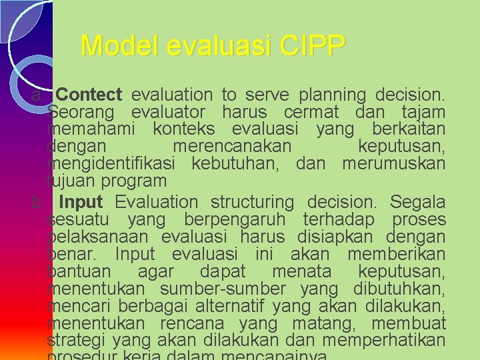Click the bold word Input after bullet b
(x=81, y=202)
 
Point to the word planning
(x=333, y=95)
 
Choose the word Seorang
(x=82, y=113)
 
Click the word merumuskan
(x=393, y=164)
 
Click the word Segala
(x=417, y=202)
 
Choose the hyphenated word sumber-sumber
(x=223, y=289)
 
